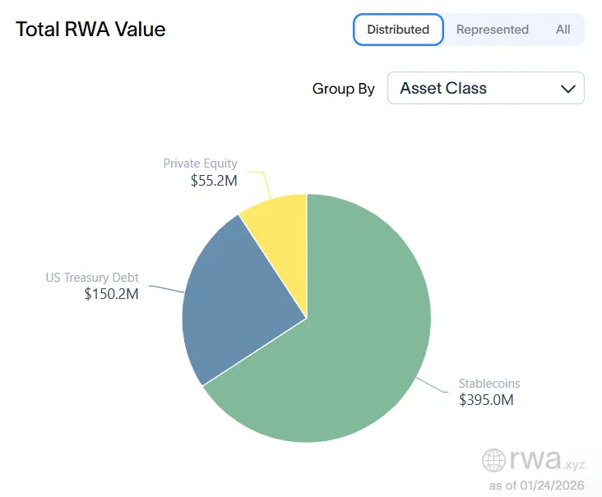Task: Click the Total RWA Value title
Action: click(x=90, y=30)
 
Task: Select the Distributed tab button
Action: click(x=398, y=30)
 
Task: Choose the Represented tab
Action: click(x=492, y=30)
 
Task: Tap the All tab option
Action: click(x=563, y=30)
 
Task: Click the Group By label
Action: click(x=343, y=89)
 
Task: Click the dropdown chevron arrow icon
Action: click(x=567, y=89)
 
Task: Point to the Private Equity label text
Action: click(x=200, y=163)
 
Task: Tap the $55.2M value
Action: click(x=213, y=181)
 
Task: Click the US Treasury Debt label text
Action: click(x=92, y=278)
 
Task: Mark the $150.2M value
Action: click(x=111, y=294)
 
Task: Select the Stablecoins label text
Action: click(x=489, y=384)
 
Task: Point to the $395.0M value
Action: click(x=486, y=400)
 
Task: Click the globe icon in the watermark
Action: click(x=494, y=460)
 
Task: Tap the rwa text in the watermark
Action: click(x=535, y=458)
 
